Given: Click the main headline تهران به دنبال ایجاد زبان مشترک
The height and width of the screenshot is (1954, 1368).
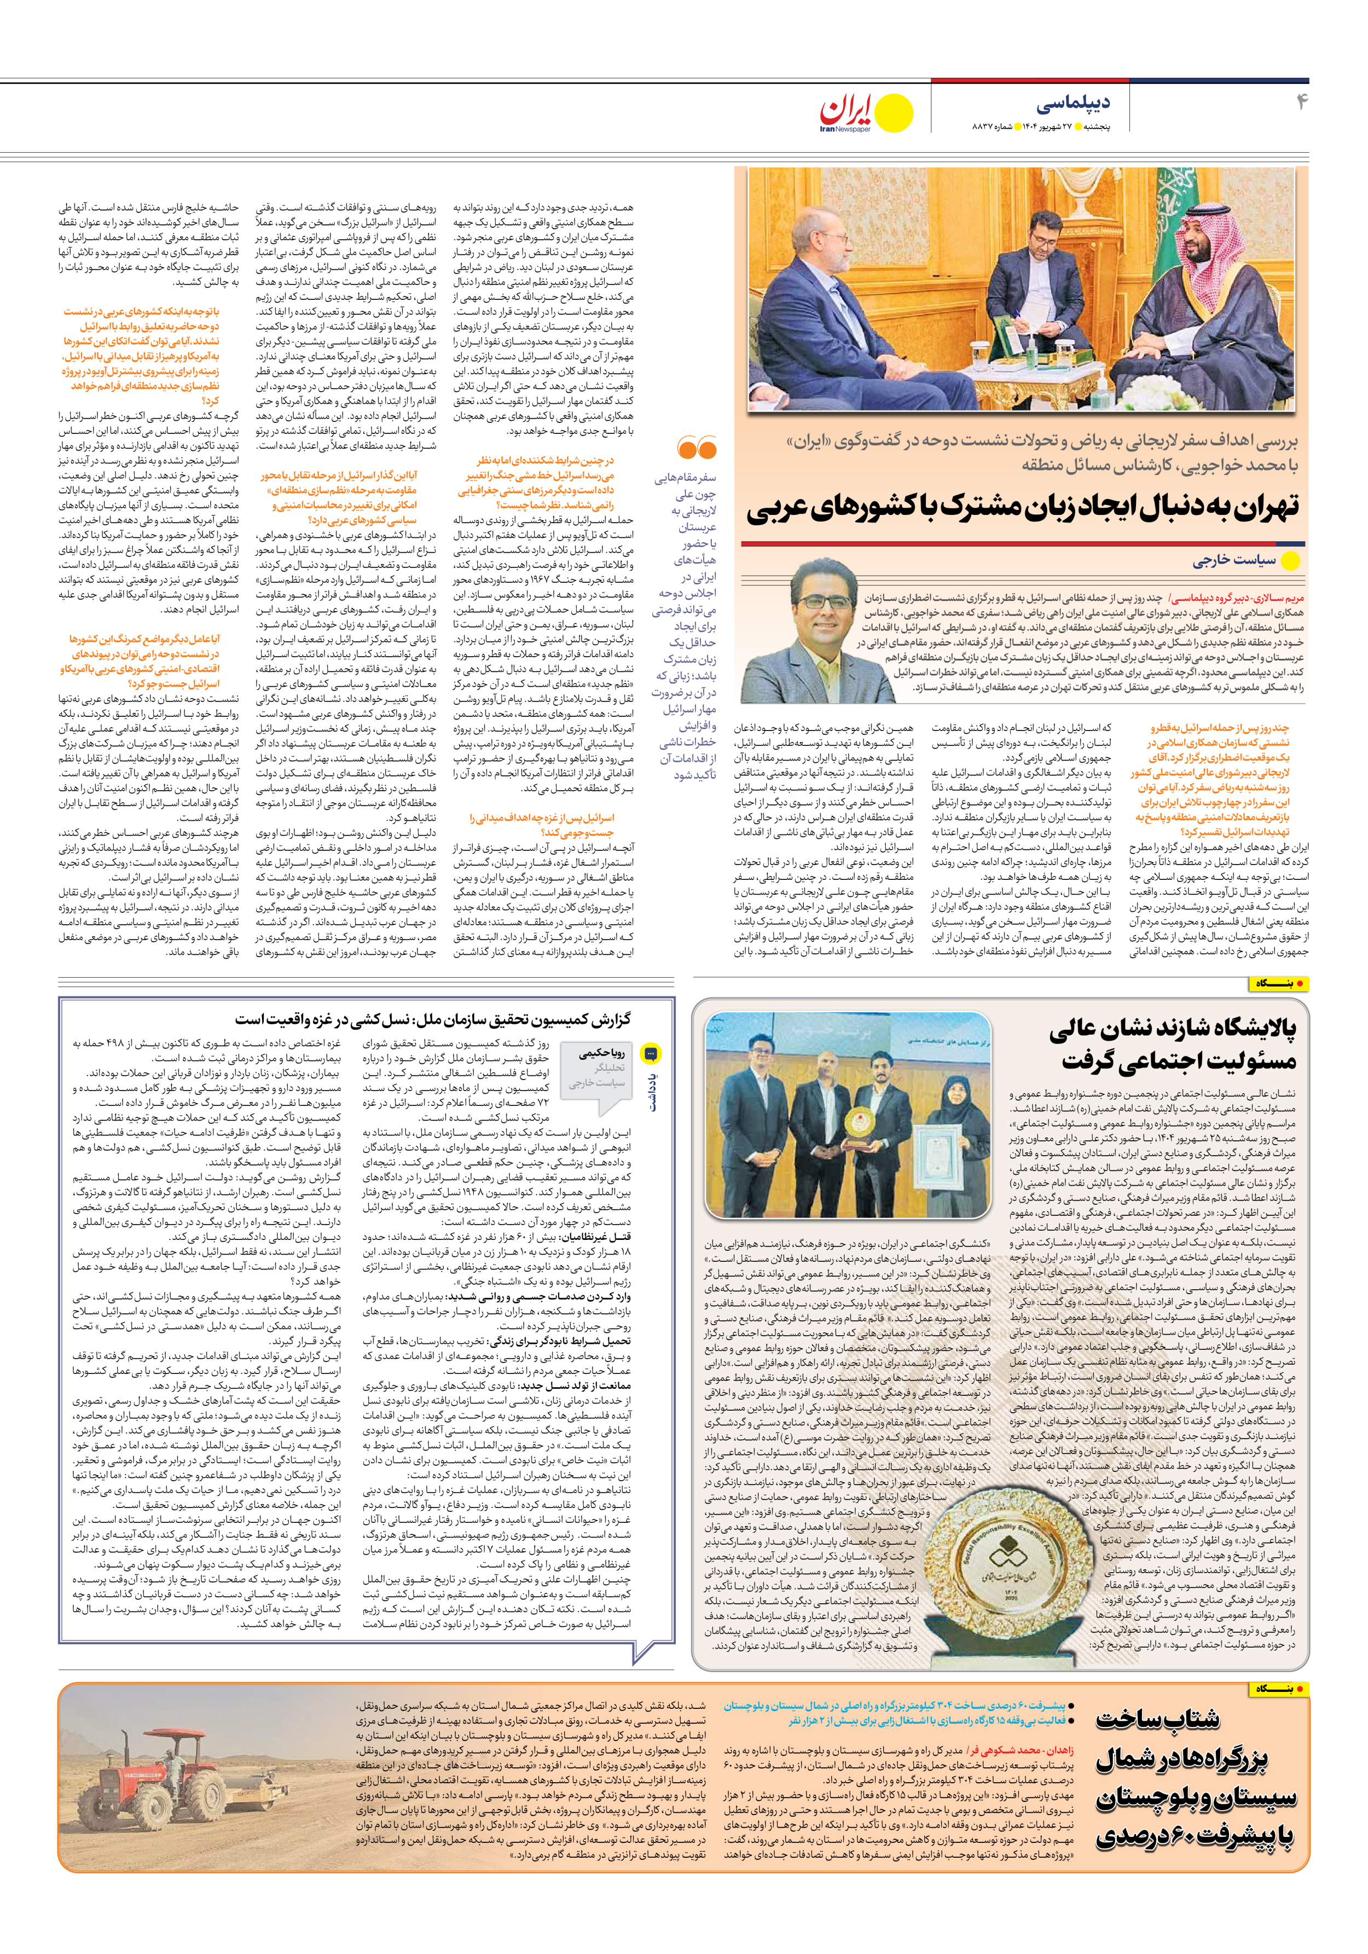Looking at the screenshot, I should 1022,508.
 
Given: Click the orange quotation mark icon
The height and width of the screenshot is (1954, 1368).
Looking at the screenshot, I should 697,448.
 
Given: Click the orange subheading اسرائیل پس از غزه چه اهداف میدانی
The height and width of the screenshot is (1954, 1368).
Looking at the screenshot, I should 541,825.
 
